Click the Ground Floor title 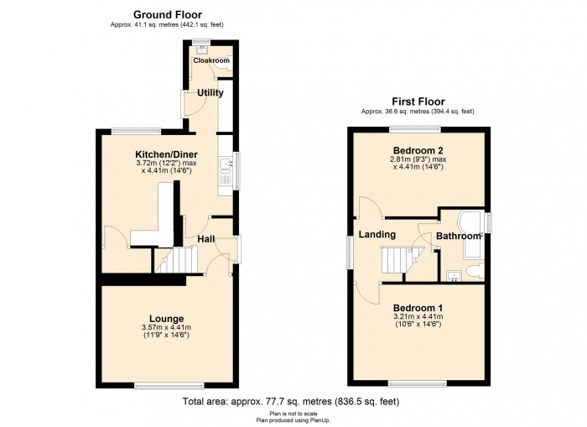coord(168,14)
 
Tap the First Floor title coord(418,102)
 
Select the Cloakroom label coord(211,60)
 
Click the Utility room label coord(210,92)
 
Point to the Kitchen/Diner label coord(166,154)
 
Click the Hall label coord(206,239)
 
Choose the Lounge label coord(167,319)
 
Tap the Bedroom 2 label coord(418,150)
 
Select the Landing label coord(377,235)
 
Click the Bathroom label coord(458,237)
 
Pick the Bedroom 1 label coord(418,308)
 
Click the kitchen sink coord(226,164)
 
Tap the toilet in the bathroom coord(475,271)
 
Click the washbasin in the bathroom coord(455,276)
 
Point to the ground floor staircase coord(176,259)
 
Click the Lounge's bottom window coord(169,385)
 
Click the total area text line coord(291,402)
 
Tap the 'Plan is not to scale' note coord(293,414)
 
